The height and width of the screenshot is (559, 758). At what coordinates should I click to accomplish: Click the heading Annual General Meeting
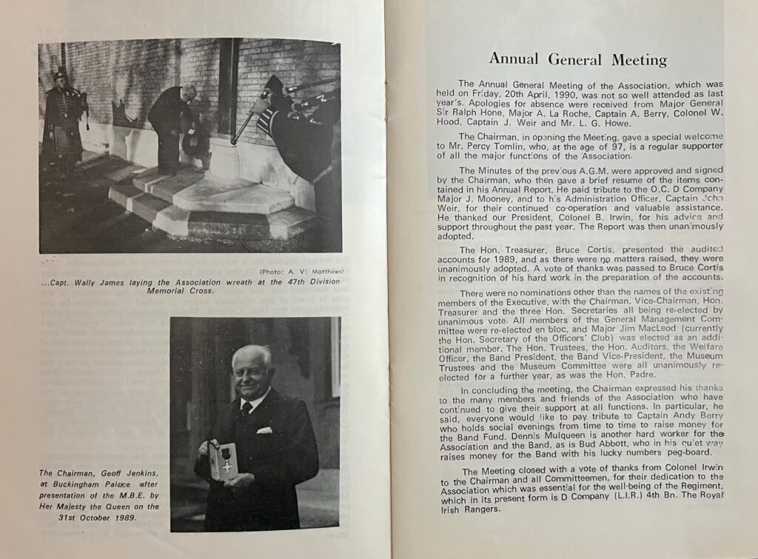tap(577, 60)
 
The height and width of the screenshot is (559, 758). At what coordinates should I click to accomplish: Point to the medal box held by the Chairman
tap(221, 459)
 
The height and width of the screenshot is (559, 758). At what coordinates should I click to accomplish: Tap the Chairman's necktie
tap(246, 409)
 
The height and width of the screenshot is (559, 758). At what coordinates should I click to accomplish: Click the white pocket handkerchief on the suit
tap(264, 429)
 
